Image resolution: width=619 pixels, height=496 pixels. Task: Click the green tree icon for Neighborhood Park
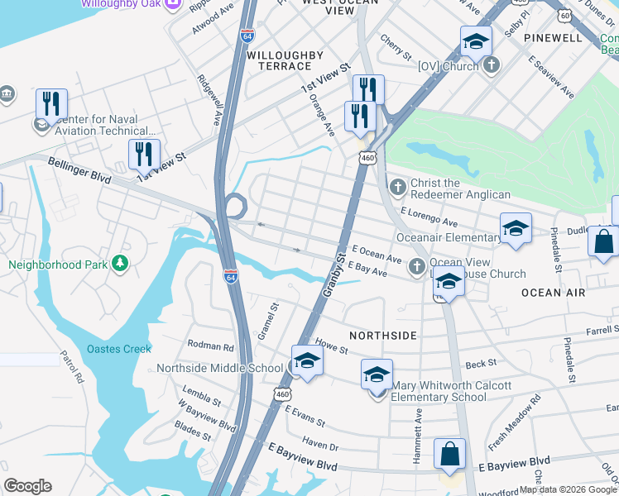[x=121, y=263]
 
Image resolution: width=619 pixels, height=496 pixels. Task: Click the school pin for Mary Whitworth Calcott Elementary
[x=377, y=374]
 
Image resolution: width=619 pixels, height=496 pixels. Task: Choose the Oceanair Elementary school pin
[x=516, y=229]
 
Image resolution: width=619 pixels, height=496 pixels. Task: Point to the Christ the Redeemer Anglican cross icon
[x=397, y=187]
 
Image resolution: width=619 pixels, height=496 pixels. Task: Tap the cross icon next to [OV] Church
[x=491, y=64]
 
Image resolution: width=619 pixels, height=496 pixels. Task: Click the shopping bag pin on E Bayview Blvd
[x=449, y=454]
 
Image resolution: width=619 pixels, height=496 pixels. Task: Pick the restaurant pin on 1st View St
[x=144, y=155]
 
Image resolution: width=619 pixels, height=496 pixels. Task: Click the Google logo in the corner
[x=27, y=485]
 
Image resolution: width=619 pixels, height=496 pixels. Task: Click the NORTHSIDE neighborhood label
[x=382, y=336]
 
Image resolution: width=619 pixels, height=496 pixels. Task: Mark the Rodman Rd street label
[x=211, y=347]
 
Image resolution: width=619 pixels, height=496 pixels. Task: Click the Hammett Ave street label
[x=418, y=427]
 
